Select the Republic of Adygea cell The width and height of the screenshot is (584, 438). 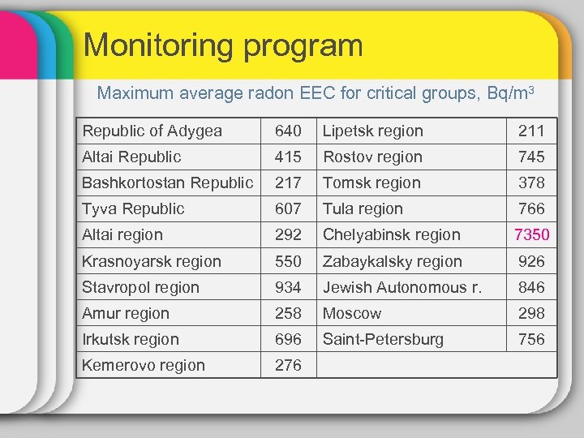(x=152, y=131)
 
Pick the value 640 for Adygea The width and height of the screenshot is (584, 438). (x=288, y=131)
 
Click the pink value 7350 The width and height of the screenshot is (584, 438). (x=532, y=235)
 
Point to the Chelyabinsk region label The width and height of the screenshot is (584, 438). (x=392, y=235)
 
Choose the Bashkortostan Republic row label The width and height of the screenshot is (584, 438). (x=168, y=182)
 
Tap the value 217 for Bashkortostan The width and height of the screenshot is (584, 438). (x=288, y=182)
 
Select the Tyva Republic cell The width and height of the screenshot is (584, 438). (x=134, y=208)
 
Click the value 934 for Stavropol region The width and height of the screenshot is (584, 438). (x=288, y=287)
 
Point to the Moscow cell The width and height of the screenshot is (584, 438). (x=352, y=313)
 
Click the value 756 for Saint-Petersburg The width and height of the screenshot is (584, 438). (x=532, y=339)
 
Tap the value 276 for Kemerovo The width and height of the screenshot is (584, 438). (x=288, y=365)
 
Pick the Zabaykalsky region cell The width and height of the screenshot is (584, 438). (x=393, y=261)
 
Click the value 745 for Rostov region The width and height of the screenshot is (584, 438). (x=532, y=157)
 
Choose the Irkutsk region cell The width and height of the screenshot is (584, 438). (x=131, y=339)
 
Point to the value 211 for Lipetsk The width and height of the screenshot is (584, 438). (x=532, y=131)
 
